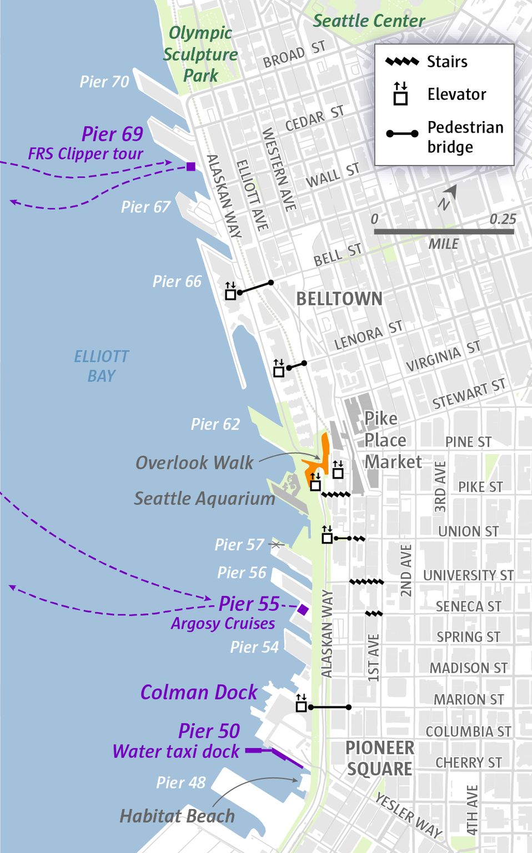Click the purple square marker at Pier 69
coord(191,167)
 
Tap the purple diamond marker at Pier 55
coord(303,610)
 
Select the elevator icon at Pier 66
coord(230,292)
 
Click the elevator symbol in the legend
coord(400,94)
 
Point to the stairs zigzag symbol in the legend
coord(402,62)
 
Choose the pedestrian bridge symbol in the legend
coord(402,134)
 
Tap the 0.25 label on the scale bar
coord(503,219)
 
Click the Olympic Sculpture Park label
coord(200,54)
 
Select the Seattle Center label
coord(369,21)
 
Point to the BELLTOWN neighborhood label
coord(339,299)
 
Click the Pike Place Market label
coord(392,440)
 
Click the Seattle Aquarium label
coord(204,499)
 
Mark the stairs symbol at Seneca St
coord(374,614)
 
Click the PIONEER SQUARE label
coord(380,758)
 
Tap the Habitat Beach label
coord(177,816)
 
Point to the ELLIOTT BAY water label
coord(102,366)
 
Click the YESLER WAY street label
coord(409,815)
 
